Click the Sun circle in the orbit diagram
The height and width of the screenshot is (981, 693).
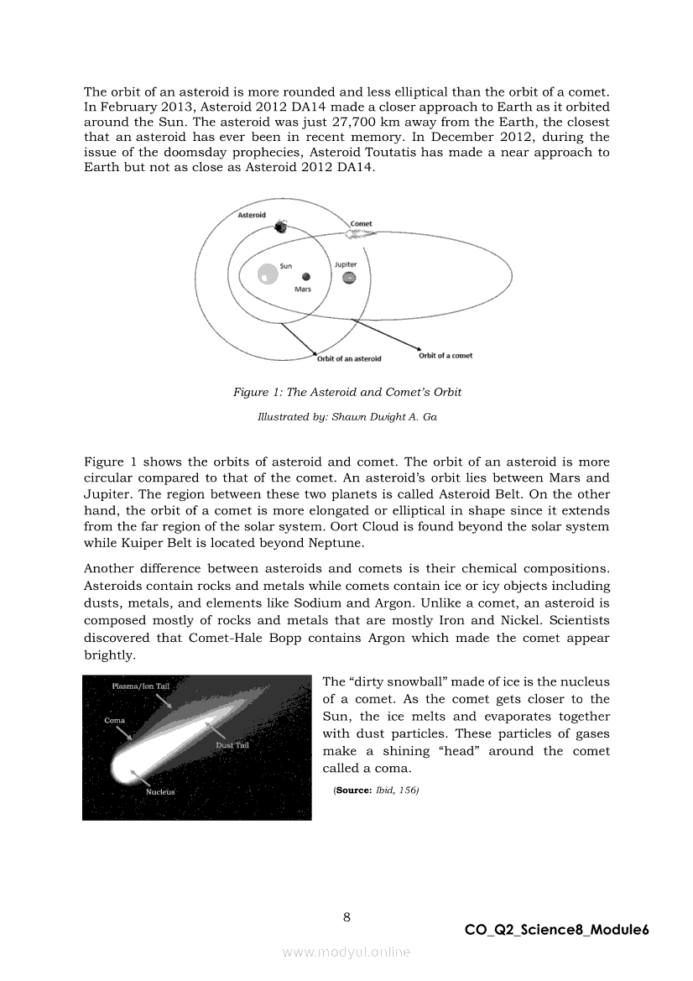coord(268,274)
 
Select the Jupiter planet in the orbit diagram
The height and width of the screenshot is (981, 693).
coord(349,279)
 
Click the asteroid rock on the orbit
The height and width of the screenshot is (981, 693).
coord(279,227)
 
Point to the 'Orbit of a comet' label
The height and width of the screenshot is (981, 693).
coord(445,356)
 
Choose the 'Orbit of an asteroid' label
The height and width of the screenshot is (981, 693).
coord(349,359)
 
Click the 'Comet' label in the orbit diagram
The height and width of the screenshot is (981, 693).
coord(362,224)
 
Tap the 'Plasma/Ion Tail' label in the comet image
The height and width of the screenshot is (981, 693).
coord(141,687)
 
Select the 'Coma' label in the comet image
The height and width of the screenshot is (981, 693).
coord(115,721)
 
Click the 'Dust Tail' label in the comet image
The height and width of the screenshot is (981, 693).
coord(232,745)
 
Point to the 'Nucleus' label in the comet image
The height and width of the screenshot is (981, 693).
coord(160,792)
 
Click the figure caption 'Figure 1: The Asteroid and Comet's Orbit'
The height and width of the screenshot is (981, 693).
coord(347,392)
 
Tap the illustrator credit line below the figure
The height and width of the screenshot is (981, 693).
coord(346,417)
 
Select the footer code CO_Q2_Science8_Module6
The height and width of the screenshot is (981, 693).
coord(557,930)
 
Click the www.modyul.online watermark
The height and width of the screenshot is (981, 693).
coord(346,952)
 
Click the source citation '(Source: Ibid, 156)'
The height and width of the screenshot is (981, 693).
coord(376,790)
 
